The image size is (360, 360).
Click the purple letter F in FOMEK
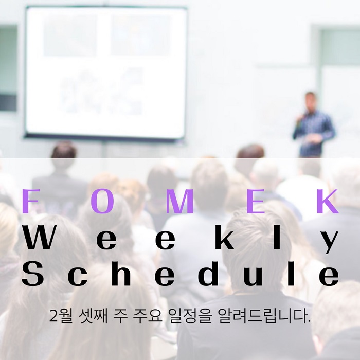[30, 201]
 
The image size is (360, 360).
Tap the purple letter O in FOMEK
[102, 201]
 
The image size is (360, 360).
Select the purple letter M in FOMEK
[179, 201]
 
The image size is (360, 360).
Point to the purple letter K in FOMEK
[328, 201]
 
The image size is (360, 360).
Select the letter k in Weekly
[224, 237]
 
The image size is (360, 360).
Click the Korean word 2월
[61, 316]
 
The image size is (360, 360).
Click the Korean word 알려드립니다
[263, 316]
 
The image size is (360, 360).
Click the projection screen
[105, 73]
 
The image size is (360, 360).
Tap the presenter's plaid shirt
[314, 132]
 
